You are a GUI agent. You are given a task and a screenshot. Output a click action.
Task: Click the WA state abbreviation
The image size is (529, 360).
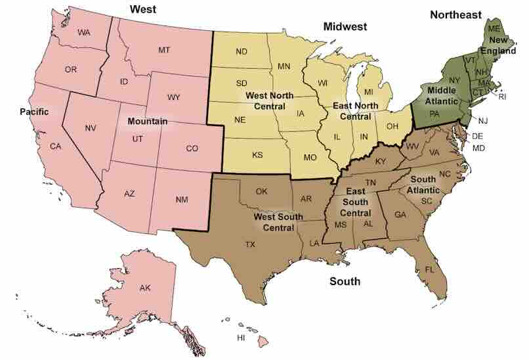pos(83,33)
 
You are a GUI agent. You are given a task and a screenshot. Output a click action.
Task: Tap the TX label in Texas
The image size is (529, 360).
pos(250,244)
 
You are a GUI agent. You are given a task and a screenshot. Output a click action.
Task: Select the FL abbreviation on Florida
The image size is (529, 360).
pos(430,270)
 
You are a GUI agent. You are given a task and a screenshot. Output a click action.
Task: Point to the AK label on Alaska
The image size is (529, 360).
pos(144,288)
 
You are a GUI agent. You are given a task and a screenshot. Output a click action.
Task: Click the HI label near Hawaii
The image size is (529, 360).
pos(241,338)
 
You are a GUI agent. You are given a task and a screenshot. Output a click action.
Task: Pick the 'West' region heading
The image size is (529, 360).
pos(143,9)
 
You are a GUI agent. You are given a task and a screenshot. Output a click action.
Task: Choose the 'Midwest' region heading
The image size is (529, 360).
pos(345,26)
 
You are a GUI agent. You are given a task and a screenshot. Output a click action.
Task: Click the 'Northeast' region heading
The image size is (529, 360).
pos(455,14)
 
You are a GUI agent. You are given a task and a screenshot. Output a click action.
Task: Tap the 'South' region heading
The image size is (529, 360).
pos(345,282)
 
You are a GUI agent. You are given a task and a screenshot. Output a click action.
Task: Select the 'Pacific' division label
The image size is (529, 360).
pos(34,112)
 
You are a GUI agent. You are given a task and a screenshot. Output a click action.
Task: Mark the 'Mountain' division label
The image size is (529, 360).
pos(147,122)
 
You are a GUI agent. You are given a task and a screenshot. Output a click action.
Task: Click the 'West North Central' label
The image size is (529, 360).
pos(269,101)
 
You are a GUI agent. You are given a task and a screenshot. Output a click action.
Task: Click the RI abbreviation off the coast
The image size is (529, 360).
pos(503,97)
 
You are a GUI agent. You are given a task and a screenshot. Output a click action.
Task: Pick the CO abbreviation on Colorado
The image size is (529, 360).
pos(192,148)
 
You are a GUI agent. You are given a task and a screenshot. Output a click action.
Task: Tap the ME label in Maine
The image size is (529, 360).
pos(494,29)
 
